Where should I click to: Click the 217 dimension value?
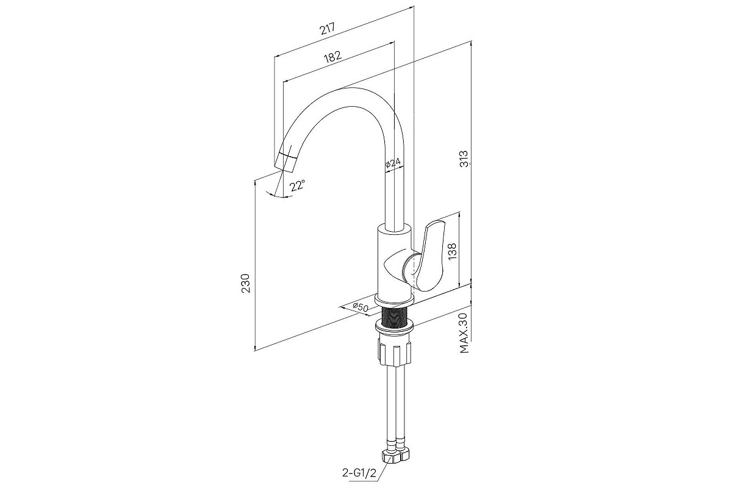tap(328, 29)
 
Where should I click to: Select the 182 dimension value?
tap(332, 57)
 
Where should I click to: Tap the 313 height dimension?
tap(464, 159)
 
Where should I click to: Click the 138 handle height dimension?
tap(452, 252)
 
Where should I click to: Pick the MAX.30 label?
tap(464, 333)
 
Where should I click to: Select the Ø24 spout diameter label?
tap(393, 163)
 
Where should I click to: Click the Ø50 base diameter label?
tap(361, 307)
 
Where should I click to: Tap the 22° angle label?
tap(298, 185)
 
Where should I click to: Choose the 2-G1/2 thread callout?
tap(359, 473)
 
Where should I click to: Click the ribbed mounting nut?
tap(395, 353)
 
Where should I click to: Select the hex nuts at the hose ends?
tap(396, 455)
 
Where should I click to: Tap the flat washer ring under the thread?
tap(395, 327)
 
